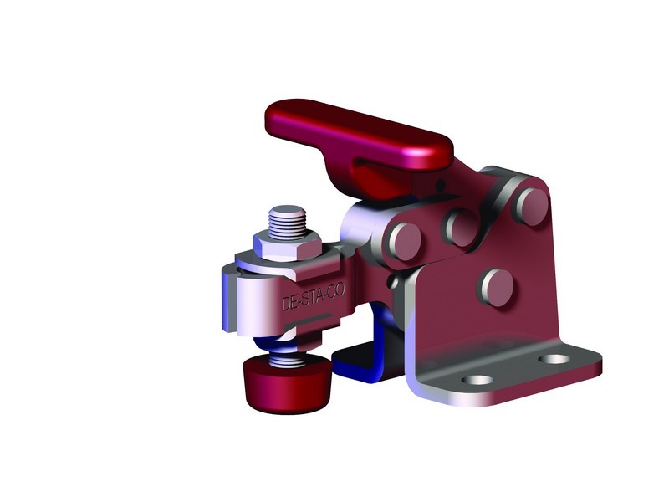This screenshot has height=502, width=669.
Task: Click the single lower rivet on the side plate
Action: coord(495,287)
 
